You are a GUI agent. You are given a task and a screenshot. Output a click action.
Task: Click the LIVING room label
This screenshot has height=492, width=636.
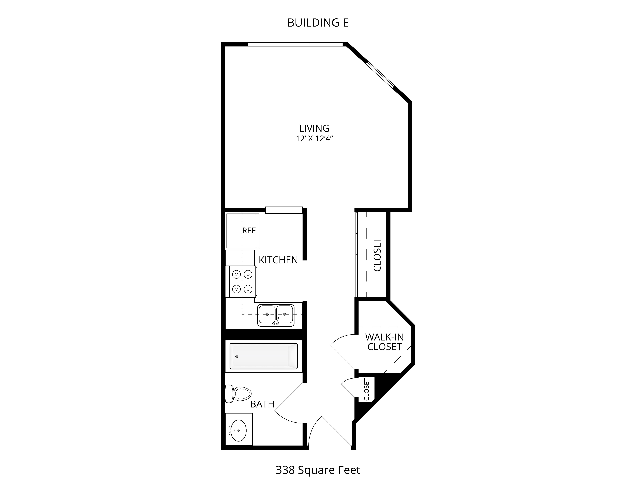point(314,128)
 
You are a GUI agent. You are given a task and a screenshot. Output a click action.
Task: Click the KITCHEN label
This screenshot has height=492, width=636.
point(278,260)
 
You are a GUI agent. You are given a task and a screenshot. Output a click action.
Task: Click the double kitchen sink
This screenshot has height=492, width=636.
point(276,315)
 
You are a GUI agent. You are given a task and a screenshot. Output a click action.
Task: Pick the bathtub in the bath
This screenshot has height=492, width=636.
point(264,356)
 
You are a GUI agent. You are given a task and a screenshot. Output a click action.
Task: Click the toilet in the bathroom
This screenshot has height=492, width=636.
point(238,393)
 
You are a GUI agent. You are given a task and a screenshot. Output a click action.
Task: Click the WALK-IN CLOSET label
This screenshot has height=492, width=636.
point(384,342)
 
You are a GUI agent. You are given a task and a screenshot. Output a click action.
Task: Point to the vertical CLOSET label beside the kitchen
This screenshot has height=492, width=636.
point(377,255)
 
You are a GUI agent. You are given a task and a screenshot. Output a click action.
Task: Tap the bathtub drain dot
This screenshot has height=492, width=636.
point(237,356)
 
